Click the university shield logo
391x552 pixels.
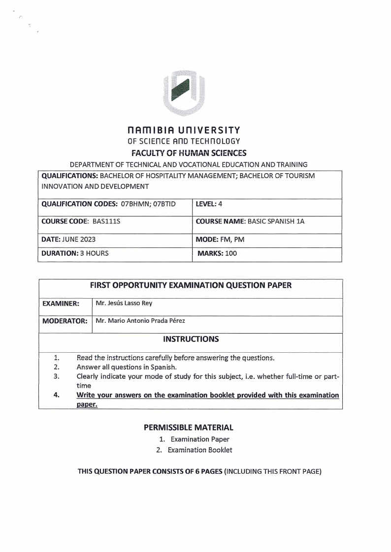[x=184, y=92]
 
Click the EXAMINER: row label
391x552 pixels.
[x=61, y=304]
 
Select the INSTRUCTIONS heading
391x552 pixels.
[x=191, y=339]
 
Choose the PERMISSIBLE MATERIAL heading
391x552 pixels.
[x=188, y=428]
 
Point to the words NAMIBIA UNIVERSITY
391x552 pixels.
[x=184, y=131]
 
